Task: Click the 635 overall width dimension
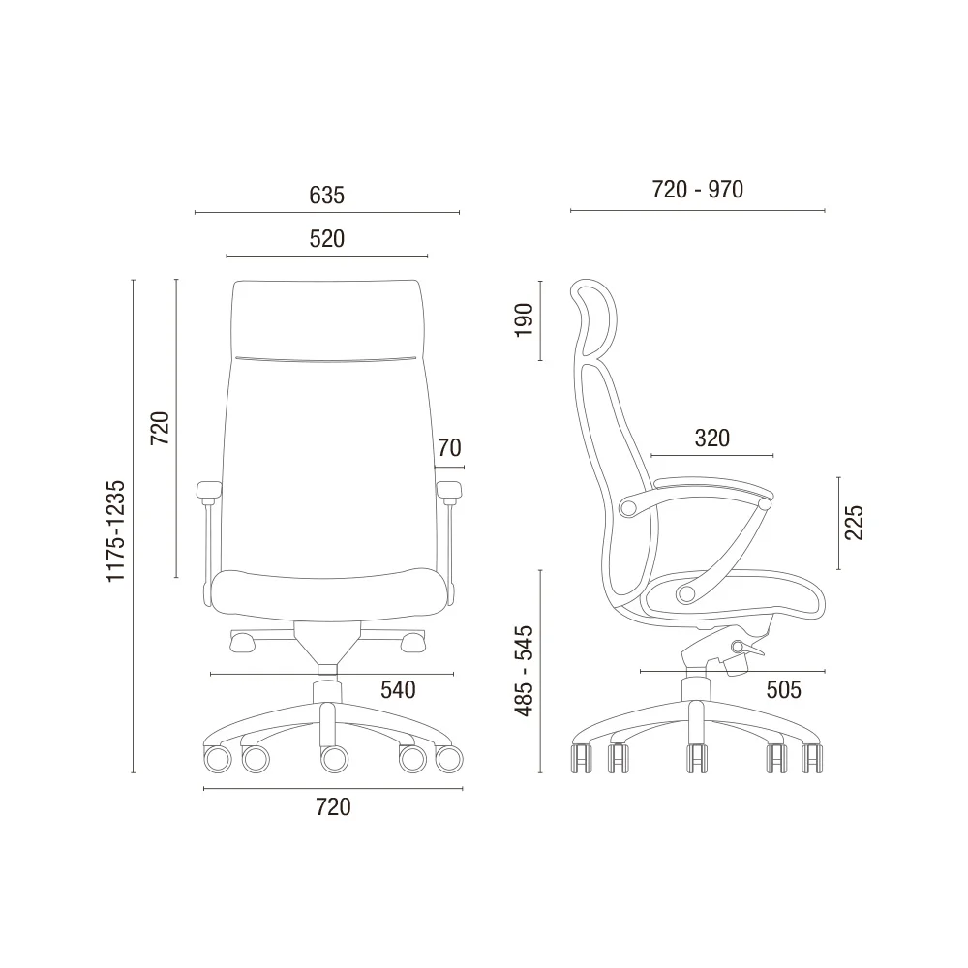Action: (326, 196)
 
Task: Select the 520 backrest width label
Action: (326, 239)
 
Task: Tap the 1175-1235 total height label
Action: (116, 530)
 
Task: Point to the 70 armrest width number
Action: (449, 447)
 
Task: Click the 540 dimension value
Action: (398, 689)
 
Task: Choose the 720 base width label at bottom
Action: (333, 807)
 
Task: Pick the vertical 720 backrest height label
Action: (160, 428)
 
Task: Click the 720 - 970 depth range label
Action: (698, 190)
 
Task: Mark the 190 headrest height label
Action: (524, 319)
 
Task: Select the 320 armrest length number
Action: (711, 439)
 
